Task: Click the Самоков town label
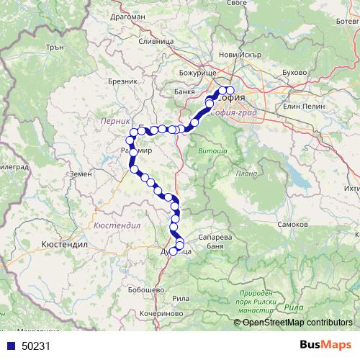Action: (x=293, y=225)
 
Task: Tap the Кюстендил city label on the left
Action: (x=65, y=244)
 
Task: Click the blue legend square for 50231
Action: (x=10, y=346)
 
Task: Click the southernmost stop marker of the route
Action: (x=174, y=251)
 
